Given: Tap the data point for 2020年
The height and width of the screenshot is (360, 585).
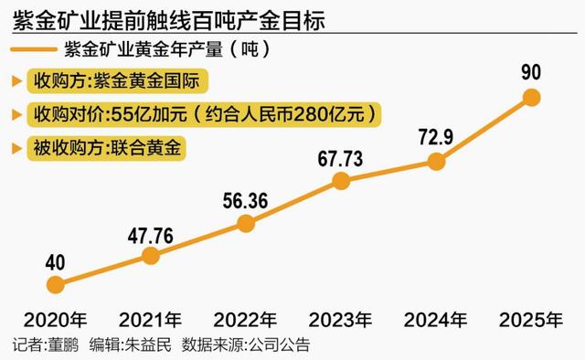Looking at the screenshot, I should coord(56,284).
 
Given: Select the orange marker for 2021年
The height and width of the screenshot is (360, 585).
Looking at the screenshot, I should coord(151,257).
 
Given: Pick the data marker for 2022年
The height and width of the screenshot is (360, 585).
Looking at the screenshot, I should coord(246,223).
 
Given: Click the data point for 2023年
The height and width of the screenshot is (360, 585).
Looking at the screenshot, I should coord(341,181).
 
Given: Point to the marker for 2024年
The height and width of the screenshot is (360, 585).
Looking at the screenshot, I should coord(436,162).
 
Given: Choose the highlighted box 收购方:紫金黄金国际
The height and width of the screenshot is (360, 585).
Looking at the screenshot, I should coord(120,81).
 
